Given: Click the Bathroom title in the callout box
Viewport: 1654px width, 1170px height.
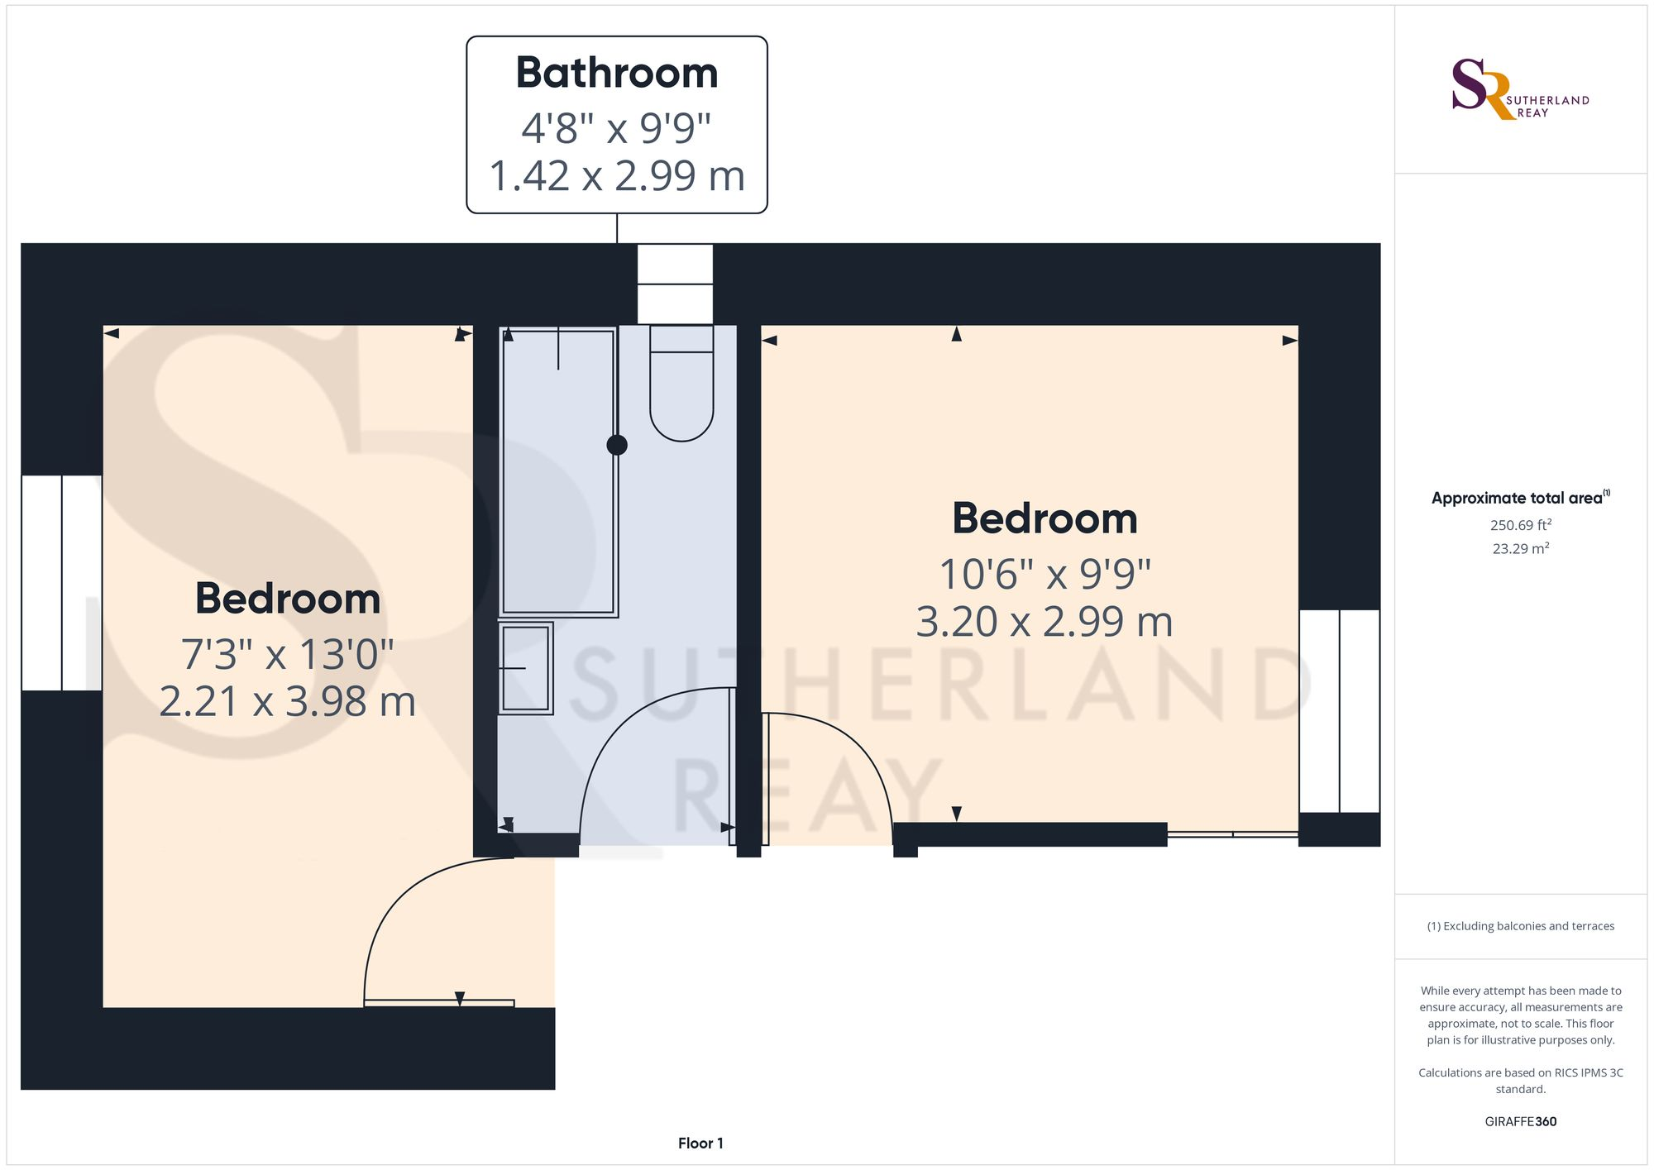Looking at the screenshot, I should pos(617,73).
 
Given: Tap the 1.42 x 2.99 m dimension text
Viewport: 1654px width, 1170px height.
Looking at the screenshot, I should pos(617,176).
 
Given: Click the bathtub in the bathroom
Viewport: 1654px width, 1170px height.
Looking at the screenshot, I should pos(558,471).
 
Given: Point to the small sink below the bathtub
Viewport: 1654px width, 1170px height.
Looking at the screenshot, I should pos(526,668).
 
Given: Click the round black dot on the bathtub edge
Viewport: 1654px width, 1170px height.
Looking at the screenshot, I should pos(617,445).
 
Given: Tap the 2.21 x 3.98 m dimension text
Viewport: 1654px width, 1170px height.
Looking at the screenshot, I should pos(287,701).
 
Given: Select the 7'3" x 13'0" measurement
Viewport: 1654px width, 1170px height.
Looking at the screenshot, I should pos(287,654).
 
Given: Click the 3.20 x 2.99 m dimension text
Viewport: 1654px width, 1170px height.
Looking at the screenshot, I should pos(1045,622).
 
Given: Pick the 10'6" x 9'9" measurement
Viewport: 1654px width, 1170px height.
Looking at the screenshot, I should pos(1045,574).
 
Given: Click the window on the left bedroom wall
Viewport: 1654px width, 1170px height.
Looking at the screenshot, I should pos(62,583).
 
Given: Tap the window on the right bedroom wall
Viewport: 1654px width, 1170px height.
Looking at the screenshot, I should pos(1339,711).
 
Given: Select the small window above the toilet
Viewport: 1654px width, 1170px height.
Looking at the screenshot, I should pos(675,284).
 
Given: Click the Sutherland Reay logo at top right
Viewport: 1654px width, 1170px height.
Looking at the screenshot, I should pos(1520,89).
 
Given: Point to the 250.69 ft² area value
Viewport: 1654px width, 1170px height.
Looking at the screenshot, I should pos(1520,525).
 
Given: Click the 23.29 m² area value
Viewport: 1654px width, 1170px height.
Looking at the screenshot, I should pos(1520,548).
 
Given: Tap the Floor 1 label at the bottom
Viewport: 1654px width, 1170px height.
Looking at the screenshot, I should pos(700,1144).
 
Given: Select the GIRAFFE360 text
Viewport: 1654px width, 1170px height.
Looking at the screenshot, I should pos(1520,1122).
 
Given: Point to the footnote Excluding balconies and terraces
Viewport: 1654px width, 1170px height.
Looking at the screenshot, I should pos(1520,926).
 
